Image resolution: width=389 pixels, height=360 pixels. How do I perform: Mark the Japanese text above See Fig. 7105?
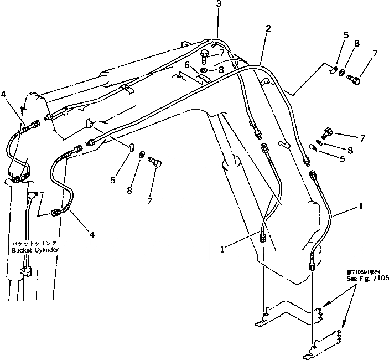[x=364, y=272]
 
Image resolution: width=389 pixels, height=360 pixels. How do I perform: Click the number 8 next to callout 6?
[x=221, y=70]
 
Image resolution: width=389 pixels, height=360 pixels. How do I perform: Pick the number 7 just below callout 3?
[x=221, y=53]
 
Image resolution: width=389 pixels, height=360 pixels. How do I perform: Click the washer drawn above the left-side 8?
[x=142, y=153]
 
